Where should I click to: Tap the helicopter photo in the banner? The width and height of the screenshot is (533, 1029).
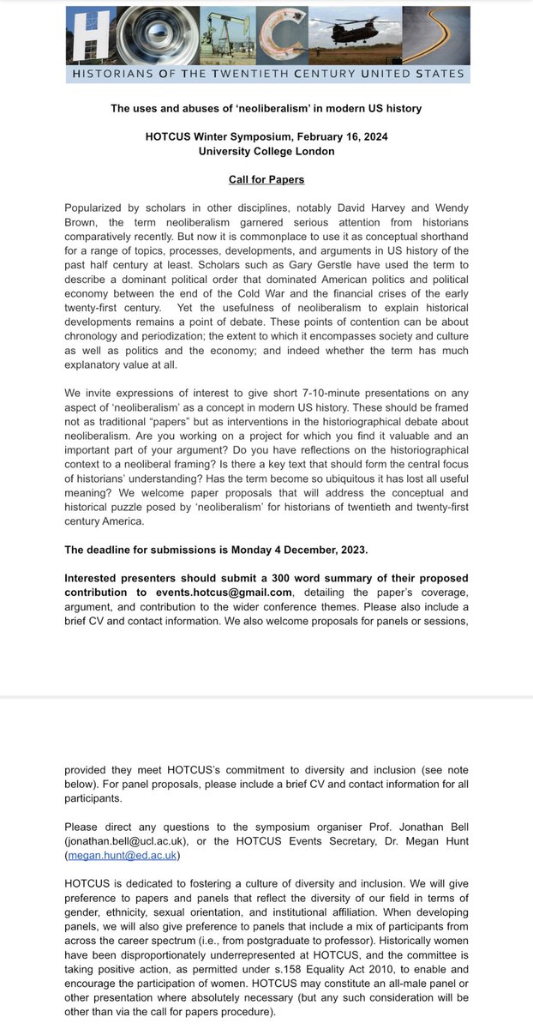click(x=350, y=34)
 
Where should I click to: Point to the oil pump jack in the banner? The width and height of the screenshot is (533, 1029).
click(x=208, y=34)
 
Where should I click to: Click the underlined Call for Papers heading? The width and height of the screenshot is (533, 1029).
click(x=266, y=180)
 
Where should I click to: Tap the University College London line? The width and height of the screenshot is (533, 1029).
click(x=266, y=151)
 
